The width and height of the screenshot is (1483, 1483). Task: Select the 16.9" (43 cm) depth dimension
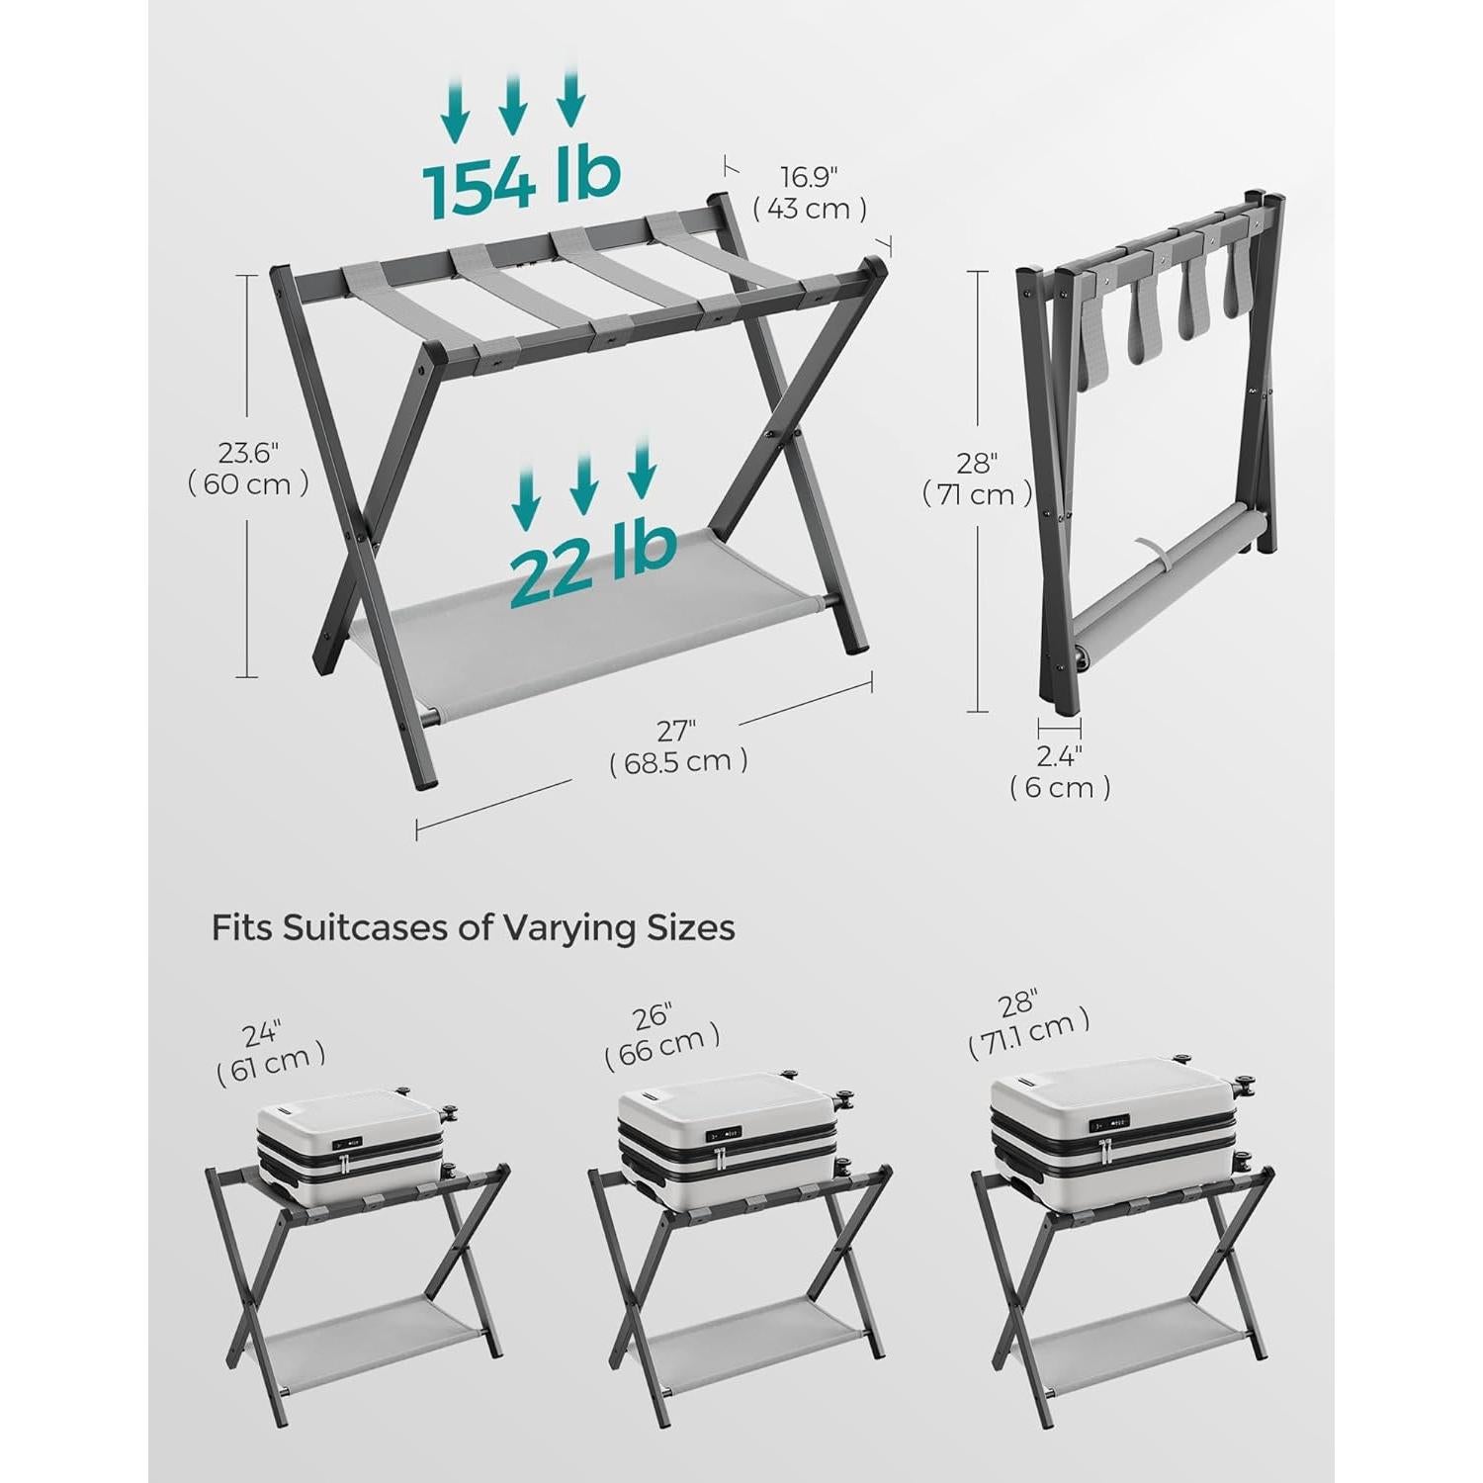809,193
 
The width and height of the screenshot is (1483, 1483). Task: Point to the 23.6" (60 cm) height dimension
248,469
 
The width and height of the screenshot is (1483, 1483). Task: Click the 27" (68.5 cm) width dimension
678,746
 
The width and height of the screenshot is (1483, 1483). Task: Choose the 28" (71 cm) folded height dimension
977,479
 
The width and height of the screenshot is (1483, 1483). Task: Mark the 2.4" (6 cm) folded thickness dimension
1060,772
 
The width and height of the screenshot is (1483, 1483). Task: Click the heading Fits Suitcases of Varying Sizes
473,928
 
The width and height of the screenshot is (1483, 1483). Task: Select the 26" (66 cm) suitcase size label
661,1033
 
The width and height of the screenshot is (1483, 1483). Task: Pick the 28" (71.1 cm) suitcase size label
1029,1019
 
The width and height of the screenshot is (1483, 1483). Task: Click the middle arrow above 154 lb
512,105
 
